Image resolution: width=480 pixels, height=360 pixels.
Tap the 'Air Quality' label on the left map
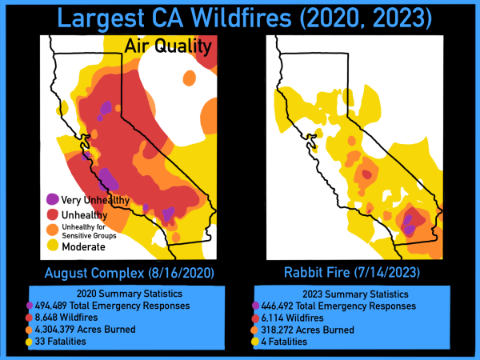168,47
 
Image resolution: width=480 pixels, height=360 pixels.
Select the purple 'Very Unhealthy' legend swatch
52,199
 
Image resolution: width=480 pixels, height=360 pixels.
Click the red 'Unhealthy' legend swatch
53,214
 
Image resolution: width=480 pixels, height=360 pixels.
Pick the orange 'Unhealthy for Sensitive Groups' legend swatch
53,230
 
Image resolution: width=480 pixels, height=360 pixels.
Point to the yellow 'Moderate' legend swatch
53,246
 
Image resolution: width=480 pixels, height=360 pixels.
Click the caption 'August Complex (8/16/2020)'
129,273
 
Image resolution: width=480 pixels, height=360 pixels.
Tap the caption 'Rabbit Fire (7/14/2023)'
352,273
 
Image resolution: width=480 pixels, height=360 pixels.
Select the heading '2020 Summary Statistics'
130,294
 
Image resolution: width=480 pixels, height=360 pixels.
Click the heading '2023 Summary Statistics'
356,294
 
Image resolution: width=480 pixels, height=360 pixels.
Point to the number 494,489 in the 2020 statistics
51,306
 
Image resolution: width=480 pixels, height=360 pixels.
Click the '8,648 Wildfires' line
66,318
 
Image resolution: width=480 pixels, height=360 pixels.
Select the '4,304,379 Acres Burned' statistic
85,330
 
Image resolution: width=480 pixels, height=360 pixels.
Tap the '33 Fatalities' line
61,342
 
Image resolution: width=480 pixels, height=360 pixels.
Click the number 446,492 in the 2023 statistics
277,306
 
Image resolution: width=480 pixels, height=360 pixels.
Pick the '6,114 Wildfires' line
292,318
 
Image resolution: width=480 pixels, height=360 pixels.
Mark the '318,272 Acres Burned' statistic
308,330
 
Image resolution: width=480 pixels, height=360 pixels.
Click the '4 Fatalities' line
284,342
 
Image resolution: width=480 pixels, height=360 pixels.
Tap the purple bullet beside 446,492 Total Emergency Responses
256,306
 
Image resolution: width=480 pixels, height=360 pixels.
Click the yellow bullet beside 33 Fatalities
29,342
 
